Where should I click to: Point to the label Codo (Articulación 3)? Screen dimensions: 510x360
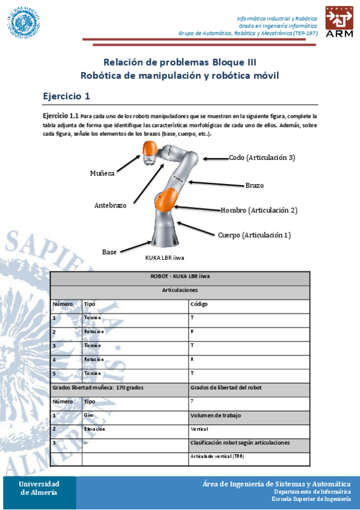click(261, 158)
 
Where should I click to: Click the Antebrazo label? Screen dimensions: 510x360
click(110, 205)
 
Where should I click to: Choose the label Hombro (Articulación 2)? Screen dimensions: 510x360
click(259, 210)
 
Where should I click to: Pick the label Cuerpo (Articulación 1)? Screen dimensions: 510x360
click(254, 235)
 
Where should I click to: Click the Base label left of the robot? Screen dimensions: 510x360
click(109, 251)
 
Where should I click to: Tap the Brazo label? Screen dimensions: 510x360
click(254, 185)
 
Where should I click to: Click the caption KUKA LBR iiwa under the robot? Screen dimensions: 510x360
click(165, 258)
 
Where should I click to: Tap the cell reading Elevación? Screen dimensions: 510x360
click(94, 429)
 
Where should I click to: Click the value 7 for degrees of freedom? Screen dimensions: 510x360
click(192, 401)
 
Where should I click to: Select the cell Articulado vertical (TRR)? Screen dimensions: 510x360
click(217, 457)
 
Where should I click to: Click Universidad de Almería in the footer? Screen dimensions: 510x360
click(39, 488)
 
